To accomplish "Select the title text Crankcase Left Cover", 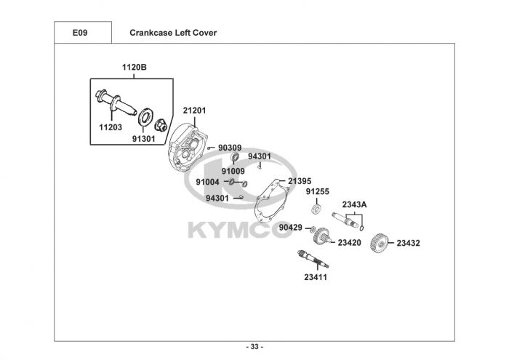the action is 172,33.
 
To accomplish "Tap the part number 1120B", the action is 135,68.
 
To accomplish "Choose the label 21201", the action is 194,111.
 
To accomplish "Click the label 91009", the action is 233,171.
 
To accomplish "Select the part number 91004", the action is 208,182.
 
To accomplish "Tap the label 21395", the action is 300,181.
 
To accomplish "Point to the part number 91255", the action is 317,192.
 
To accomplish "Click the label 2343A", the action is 354,204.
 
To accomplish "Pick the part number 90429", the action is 291,228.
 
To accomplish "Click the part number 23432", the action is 409,243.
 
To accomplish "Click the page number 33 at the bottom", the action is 254,346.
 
